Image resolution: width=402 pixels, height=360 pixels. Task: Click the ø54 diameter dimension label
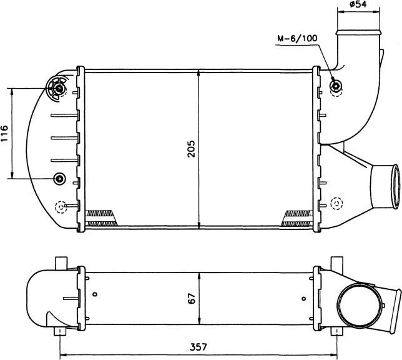[x=358, y=4]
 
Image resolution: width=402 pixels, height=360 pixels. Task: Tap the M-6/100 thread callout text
[x=297, y=39]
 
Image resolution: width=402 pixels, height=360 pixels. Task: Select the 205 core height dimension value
[x=191, y=149]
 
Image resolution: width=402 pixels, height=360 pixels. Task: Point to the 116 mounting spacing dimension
[x=4, y=134]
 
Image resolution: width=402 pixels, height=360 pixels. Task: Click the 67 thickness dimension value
[x=192, y=298]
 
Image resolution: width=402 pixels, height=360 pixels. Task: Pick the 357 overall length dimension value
[x=198, y=347]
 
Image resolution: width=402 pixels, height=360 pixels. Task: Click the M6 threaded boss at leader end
[x=336, y=86]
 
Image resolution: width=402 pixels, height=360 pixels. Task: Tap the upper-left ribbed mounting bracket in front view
[x=57, y=88]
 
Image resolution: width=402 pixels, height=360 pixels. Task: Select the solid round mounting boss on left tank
[x=59, y=178]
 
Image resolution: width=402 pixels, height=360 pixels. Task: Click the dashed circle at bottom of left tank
[x=61, y=207]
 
